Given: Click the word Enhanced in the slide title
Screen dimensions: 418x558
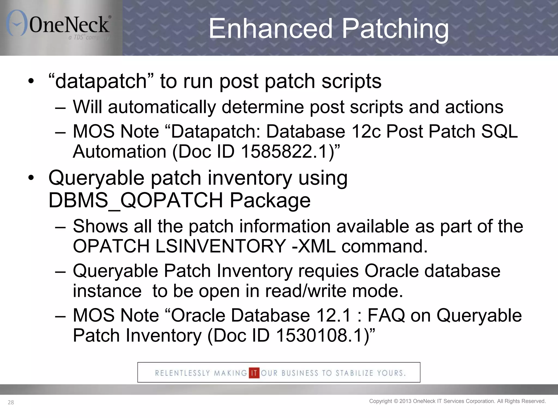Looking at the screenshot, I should (271, 29).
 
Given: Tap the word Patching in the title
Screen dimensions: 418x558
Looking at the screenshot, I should (395, 29).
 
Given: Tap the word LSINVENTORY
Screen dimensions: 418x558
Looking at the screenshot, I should (221, 246).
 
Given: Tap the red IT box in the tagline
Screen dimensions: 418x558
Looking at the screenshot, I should (254, 373).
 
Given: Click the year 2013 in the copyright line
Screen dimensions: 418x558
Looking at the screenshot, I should (405, 401).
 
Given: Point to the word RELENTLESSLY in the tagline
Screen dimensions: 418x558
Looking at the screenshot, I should (183, 373).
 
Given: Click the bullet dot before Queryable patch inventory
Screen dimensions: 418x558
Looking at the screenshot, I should (31, 178).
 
